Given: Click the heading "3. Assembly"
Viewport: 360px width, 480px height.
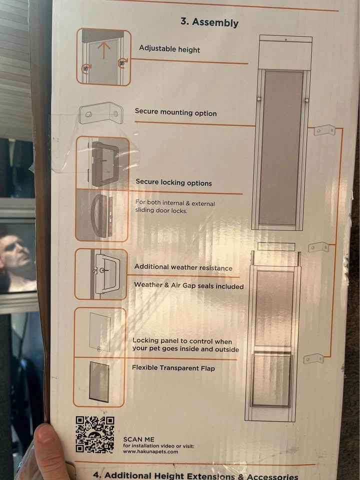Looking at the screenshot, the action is pos(209,22).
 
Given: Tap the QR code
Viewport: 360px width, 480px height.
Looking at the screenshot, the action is pos(95,434).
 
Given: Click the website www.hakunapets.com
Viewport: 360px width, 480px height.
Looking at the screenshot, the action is pos(150,451).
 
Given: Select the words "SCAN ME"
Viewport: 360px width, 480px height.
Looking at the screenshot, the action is pos(138,439).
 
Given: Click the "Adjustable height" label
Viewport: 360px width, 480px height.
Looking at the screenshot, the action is pos(169,49).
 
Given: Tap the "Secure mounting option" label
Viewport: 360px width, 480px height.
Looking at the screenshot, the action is pos(175,112).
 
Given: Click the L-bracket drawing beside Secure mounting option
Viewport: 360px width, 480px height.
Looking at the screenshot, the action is pos(101,113).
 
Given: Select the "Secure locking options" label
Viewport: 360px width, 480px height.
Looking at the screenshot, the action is pos(174,182).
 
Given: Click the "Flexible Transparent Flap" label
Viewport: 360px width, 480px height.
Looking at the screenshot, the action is pos(173,368).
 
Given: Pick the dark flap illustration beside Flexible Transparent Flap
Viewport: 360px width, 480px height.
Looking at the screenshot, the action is pos(99,381).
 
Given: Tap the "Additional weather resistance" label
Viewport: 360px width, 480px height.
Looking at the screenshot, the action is pos(183,267).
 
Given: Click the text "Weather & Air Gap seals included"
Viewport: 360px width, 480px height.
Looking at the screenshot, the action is pos(189,285).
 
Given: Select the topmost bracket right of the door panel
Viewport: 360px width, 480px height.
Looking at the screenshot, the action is pos(325,130).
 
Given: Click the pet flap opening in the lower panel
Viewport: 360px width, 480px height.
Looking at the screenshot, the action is pos(271,379).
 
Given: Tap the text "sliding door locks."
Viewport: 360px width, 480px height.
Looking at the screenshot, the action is pos(161,210).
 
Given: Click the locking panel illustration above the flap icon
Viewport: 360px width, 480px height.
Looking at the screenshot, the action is pos(100,332).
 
